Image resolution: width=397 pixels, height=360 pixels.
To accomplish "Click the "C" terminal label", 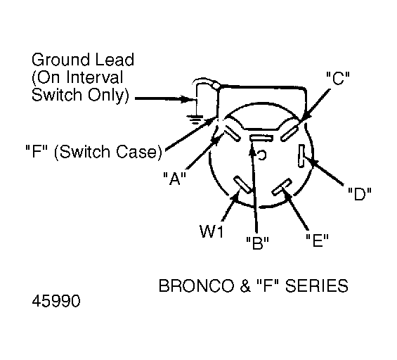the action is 338,78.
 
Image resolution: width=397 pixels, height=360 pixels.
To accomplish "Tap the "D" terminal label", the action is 360,193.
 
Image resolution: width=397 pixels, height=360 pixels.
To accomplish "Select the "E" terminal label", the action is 317,240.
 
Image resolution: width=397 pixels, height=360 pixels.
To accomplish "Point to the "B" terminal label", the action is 257,243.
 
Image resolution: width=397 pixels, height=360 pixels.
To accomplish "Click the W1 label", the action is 212,231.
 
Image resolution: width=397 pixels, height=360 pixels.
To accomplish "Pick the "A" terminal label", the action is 175,178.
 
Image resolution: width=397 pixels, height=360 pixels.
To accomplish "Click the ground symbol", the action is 195,119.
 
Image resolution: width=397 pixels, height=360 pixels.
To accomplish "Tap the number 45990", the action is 56,301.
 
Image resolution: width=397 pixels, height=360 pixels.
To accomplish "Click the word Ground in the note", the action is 60,60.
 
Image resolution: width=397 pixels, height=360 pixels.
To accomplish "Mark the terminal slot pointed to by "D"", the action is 301,155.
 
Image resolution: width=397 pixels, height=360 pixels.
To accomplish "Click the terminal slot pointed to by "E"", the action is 282,186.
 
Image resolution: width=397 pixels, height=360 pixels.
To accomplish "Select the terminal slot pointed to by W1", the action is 242,184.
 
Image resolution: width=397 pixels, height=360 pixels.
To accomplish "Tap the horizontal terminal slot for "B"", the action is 261,138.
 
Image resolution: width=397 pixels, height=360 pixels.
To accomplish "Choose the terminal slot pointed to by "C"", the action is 289,134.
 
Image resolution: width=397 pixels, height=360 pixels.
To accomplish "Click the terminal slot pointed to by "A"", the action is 232,133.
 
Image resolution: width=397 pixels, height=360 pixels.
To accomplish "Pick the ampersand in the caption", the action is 245,285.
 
